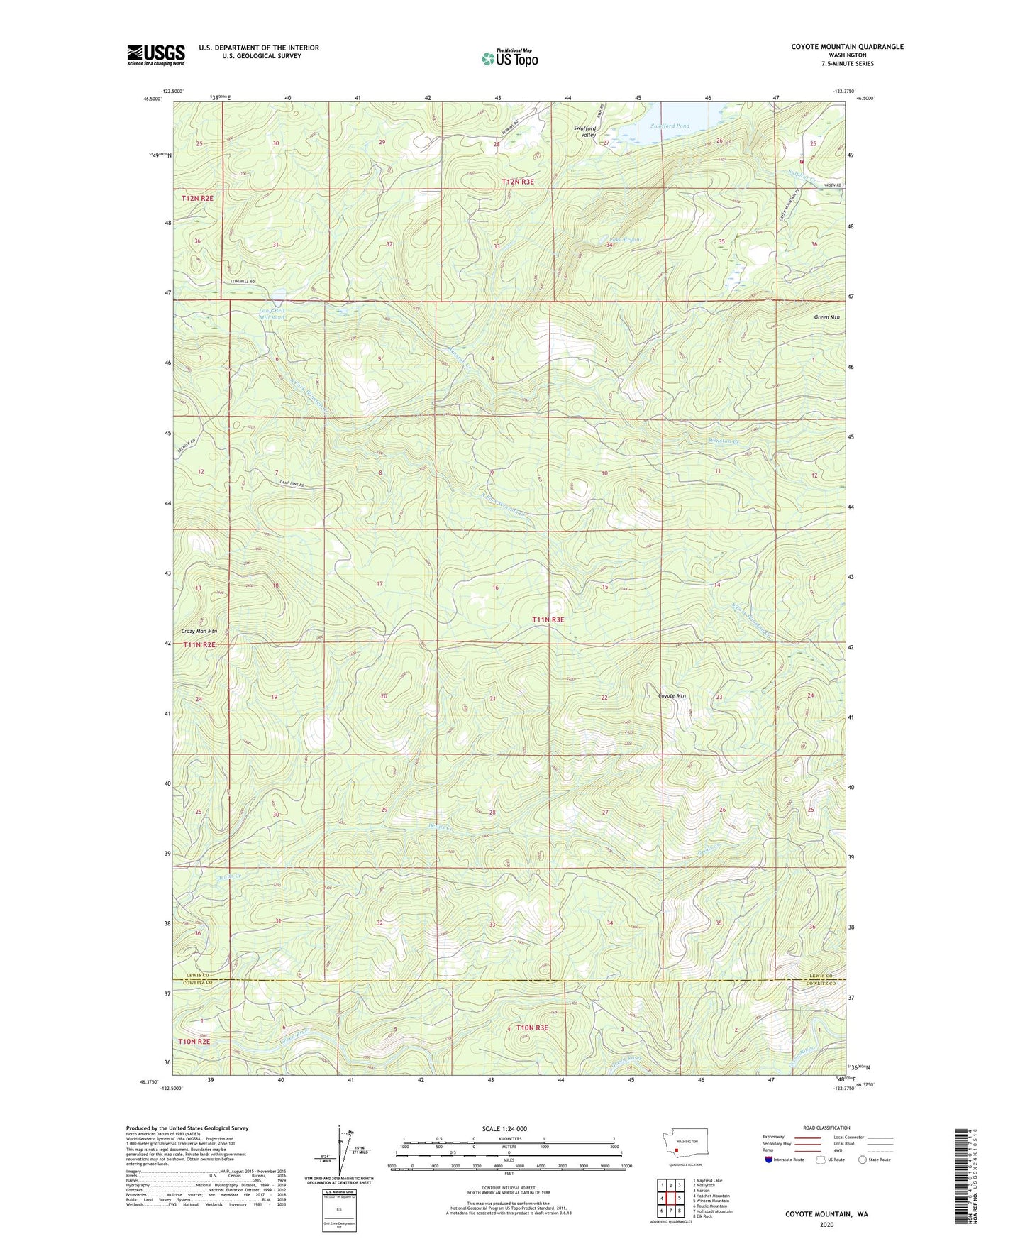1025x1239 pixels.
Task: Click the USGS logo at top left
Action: click(156, 55)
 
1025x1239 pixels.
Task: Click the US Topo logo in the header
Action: click(509, 58)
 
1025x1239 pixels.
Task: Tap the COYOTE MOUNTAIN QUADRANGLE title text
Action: click(847, 47)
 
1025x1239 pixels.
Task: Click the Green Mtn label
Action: click(826, 317)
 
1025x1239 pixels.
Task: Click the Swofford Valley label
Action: click(584, 131)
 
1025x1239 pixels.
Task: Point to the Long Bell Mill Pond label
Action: click(272, 314)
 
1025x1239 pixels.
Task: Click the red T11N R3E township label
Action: click(548, 619)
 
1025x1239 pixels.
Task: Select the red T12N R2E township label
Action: click(197, 198)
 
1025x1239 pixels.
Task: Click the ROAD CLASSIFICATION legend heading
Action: click(826, 1128)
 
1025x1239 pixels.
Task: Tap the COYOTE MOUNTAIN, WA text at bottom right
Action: click(826, 1214)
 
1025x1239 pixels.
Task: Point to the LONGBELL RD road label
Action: click(243, 282)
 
